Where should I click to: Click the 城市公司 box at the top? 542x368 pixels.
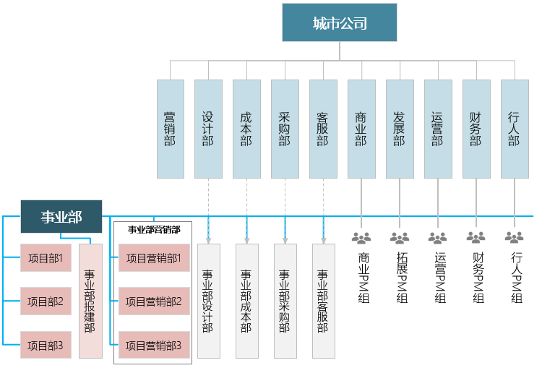click(339, 22)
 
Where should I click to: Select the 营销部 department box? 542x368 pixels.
click(170, 129)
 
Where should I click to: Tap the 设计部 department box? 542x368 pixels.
click(208, 129)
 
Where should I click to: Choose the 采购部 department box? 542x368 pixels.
click(285, 129)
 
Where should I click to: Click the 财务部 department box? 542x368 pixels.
click(476, 129)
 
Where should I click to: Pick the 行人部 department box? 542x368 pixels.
click(514, 129)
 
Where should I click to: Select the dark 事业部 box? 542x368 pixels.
click(61, 216)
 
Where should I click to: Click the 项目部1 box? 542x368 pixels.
click(46, 257)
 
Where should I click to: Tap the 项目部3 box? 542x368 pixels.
click(46, 346)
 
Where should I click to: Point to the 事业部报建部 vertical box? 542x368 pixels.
click(90, 301)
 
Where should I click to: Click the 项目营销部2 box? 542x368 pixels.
click(153, 301)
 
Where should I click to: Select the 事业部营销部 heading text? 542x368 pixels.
click(153, 230)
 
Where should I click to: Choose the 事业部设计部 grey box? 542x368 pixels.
click(208, 301)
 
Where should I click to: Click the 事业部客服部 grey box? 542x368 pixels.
click(323, 301)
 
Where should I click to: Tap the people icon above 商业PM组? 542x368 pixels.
click(361, 237)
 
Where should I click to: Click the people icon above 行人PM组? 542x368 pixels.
click(514, 237)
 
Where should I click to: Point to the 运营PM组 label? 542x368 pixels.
click(437, 277)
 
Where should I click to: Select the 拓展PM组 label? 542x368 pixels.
click(399, 277)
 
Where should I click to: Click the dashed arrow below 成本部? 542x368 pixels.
click(246, 210)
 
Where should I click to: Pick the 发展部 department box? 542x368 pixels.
click(399, 129)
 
